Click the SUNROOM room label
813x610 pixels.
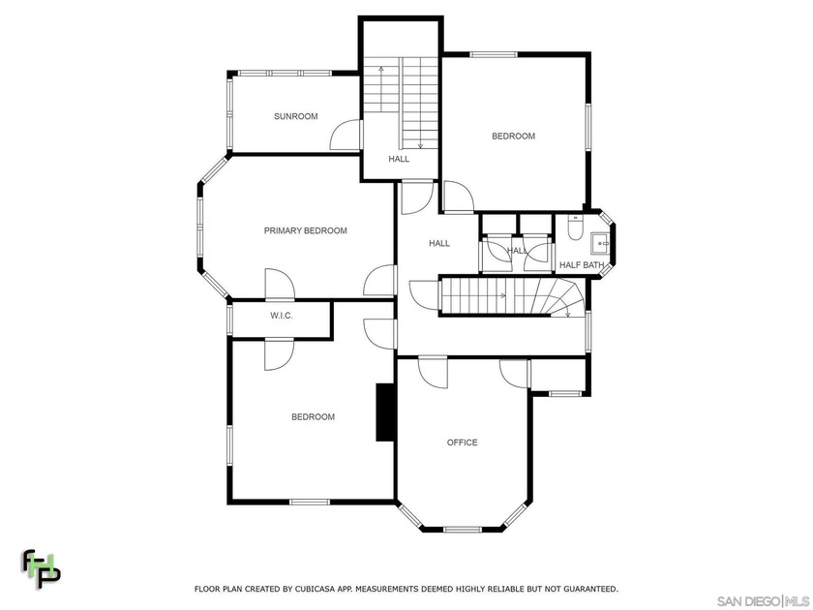click(295, 116)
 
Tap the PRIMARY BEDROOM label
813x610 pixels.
click(305, 230)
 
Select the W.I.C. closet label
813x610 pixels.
click(281, 317)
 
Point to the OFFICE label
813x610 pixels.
click(462, 442)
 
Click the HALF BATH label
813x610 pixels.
click(581, 264)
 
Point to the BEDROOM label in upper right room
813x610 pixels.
click(513, 137)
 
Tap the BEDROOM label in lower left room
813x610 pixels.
click(313, 417)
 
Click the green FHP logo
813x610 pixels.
click(41, 569)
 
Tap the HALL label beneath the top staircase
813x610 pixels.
click(399, 159)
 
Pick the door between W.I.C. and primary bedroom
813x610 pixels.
click(278, 288)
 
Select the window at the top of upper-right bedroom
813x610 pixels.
click(492, 53)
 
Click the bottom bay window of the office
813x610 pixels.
click(463, 529)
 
